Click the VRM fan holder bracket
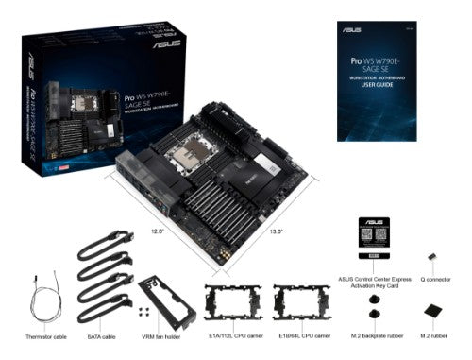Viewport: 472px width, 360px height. (x=166, y=301)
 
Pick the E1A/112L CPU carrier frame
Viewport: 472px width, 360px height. (x=234, y=303)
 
